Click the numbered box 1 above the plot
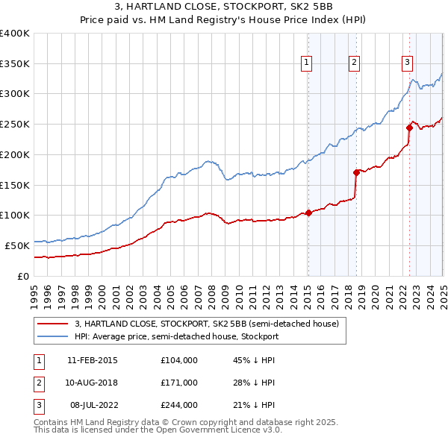[307, 63]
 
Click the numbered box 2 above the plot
[354, 63]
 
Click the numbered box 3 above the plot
[408, 63]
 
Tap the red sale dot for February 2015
[308, 213]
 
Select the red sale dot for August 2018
[356, 172]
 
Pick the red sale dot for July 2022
[409, 128]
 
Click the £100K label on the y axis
[15, 215]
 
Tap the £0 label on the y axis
[23, 276]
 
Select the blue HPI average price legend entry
[176, 337]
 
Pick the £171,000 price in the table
[179, 383]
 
